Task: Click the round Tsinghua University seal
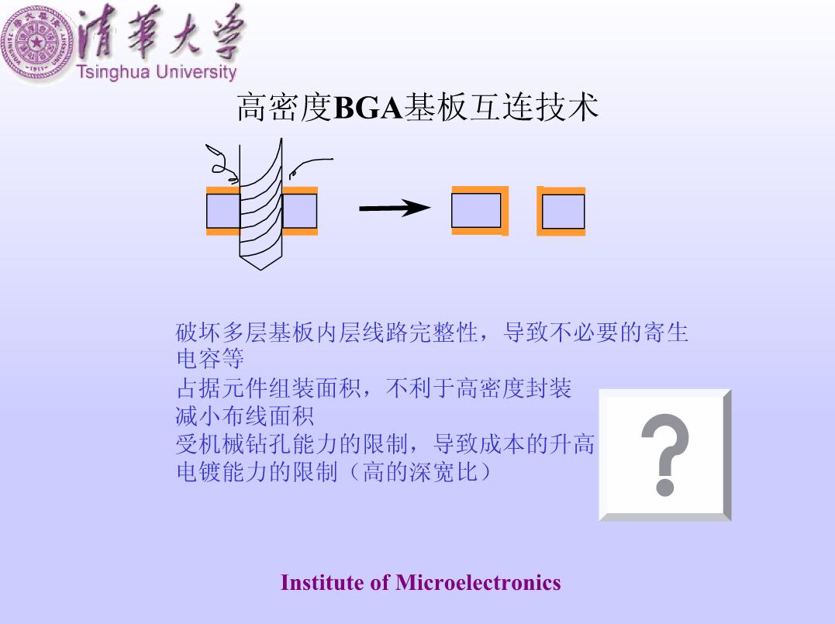37,43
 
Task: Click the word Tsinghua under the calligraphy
113,72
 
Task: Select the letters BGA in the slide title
367,108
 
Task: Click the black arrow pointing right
395,208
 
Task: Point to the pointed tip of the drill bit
261,270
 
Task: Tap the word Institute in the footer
323,582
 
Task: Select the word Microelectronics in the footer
478,582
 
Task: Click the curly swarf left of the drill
221,160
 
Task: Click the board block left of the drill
223,211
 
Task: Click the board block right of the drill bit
300,211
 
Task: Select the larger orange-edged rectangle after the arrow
480,210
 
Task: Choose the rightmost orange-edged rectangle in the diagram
561,211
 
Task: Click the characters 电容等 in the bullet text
210,358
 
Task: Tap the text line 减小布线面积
245,415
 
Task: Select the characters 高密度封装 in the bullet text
514,388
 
